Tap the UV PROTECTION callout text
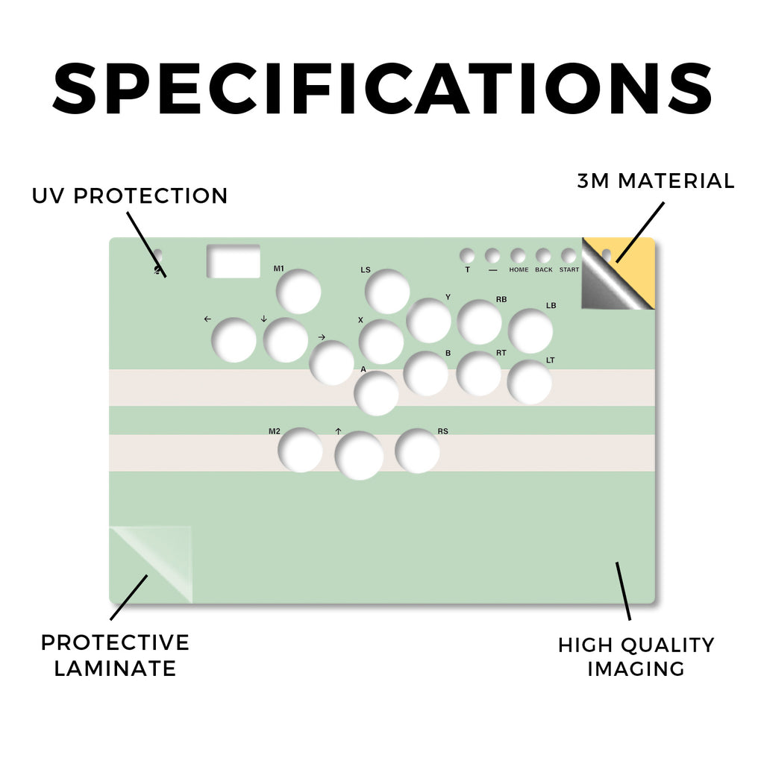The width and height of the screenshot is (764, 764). (x=130, y=196)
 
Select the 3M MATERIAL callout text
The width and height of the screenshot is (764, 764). (x=656, y=181)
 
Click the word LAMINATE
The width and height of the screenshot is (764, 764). (x=115, y=668)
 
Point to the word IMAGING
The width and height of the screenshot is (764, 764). (x=636, y=668)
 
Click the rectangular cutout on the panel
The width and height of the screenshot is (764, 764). (x=234, y=261)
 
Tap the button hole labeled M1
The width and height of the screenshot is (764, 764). (x=298, y=292)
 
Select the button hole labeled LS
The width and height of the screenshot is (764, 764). (x=387, y=292)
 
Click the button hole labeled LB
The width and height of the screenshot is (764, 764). (x=530, y=331)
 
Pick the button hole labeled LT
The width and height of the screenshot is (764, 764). (x=530, y=382)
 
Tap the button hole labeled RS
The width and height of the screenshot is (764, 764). (x=418, y=451)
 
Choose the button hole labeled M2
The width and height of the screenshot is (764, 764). (x=300, y=450)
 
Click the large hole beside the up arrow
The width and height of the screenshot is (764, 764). (x=359, y=456)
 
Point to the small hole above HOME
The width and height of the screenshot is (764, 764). (x=518, y=255)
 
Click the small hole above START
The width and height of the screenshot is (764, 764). (x=569, y=255)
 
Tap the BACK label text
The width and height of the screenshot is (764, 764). (x=544, y=269)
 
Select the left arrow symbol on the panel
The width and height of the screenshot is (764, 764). (x=207, y=319)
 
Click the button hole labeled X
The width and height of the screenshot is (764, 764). (x=381, y=342)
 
